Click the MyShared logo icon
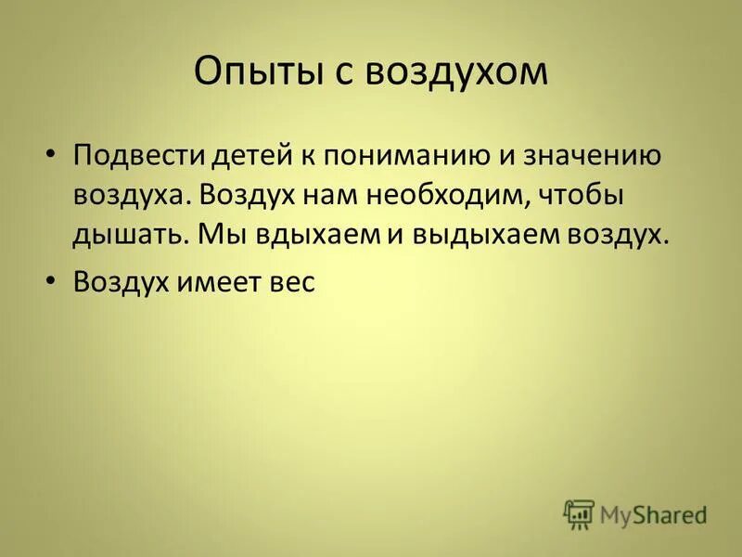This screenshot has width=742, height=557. pyautogui.click(x=579, y=512)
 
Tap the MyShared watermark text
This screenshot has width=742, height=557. pyautogui.click(x=654, y=513)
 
